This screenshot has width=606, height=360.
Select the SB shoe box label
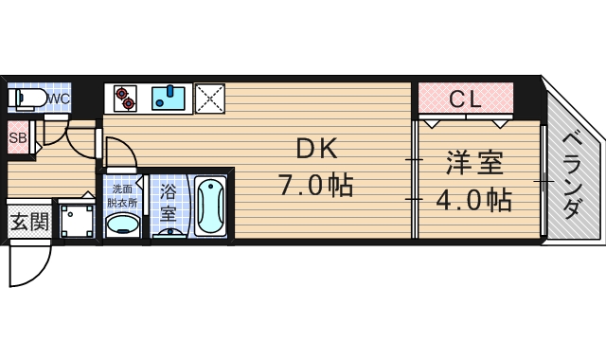(x=17, y=138)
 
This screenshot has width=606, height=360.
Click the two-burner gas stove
(x=125, y=95)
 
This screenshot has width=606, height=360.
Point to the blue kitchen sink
(x=169, y=97)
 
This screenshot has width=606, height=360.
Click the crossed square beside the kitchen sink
(x=208, y=97)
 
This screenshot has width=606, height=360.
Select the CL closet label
(x=464, y=98)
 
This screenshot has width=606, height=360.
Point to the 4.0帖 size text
(x=473, y=200)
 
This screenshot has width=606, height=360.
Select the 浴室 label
(x=168, y=202)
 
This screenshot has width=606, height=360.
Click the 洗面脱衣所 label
(x=121, y=196)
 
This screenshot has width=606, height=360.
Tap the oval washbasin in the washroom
(x=121, y=225)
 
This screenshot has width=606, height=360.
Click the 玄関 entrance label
(x=28, y=224)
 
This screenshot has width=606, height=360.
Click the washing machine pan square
(x=77, y=221)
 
